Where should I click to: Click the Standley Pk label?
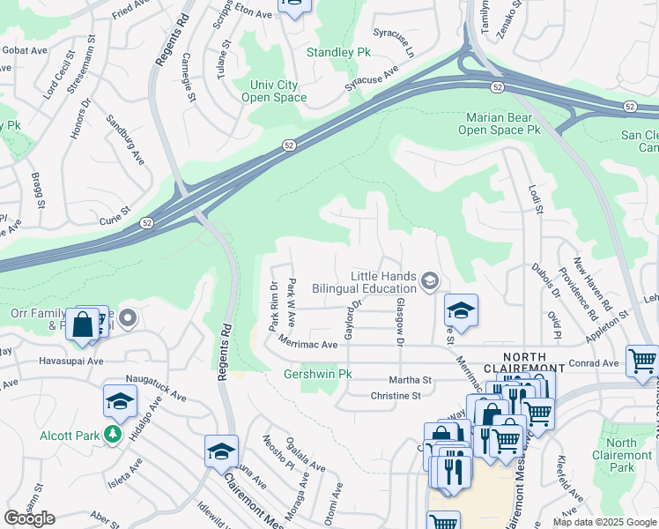339,53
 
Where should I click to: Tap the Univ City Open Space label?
274,91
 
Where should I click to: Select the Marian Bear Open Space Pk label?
499,123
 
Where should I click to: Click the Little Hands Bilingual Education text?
383,282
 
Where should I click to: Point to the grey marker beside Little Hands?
430,281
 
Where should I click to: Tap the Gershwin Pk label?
318,374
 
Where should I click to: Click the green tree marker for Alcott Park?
113,435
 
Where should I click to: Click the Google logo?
29,518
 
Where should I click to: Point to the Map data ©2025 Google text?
603,522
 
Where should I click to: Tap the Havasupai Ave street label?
70,361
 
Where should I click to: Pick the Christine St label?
396,396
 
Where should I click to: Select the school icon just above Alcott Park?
120,401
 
